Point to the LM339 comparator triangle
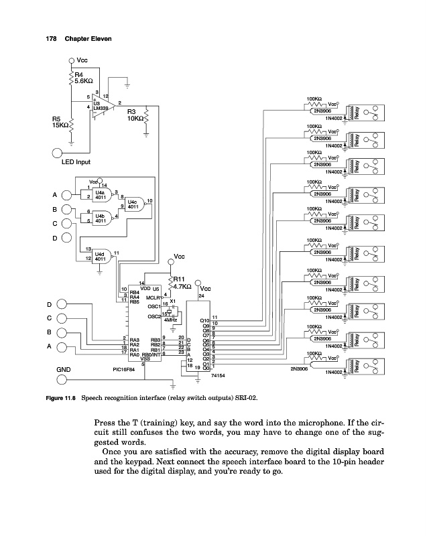pyautogui.click(x=101, y=106)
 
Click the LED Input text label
pyautogui.click(x=75, y=162)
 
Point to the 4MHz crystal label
pyautogui.click(x=170, y=322)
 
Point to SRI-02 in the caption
pyautogui.click(x=247, y=397)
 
